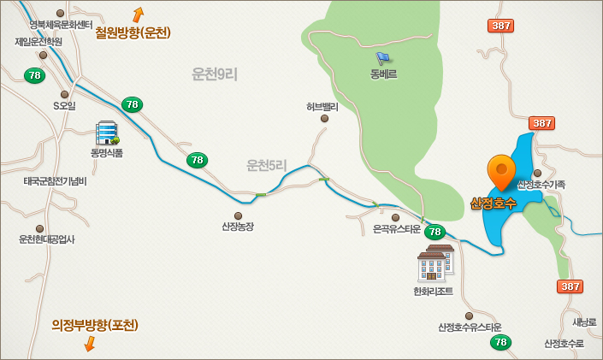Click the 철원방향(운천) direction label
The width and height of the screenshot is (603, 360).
pyautogui.click(x=133, y=33)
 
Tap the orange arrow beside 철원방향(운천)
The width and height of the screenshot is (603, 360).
pyautogui.click(x=138, y=15)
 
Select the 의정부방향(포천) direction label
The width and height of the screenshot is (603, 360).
pyautogui.click(x=94, y=325)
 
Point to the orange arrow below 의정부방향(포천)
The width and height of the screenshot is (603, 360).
pyautogui.click(x=89, y=343)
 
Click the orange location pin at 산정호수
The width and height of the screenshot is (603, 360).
pyautogui.click(x=500, y=172)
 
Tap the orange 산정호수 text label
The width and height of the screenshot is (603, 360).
pyautogui.click(x=493, y=204)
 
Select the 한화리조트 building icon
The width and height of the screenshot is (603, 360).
pyautogui.click(x=435, y=263)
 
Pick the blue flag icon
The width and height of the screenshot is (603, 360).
pyautogui.click(x=382, y=58)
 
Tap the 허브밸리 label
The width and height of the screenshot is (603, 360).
pyautogui.click(x=322, y=107)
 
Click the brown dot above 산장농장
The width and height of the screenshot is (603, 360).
pyautogui.click(x=238, y=215)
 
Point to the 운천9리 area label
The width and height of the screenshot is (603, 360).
pyautogui.click(x=214, y=74)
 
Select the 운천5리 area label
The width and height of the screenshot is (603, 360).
pyautogui.click(x=267, y=165)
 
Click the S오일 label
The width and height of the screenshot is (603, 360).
pyautogui.click(x=65, y=106)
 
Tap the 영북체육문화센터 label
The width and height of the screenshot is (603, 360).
pyautogui.click(x=61, y=25)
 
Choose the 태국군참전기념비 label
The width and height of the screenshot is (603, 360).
pyautogui.click(x=55, y=181)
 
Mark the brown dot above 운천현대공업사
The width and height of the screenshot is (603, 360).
pyautogui.click(x=39, y=228)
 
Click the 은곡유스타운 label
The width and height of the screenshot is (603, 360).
pyautogui.click(x=396, y=229)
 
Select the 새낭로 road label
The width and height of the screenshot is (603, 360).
pyautogui.click(x=584, y=322)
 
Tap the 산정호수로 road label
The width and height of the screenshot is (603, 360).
pyautogui.click(x=564, y=343)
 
